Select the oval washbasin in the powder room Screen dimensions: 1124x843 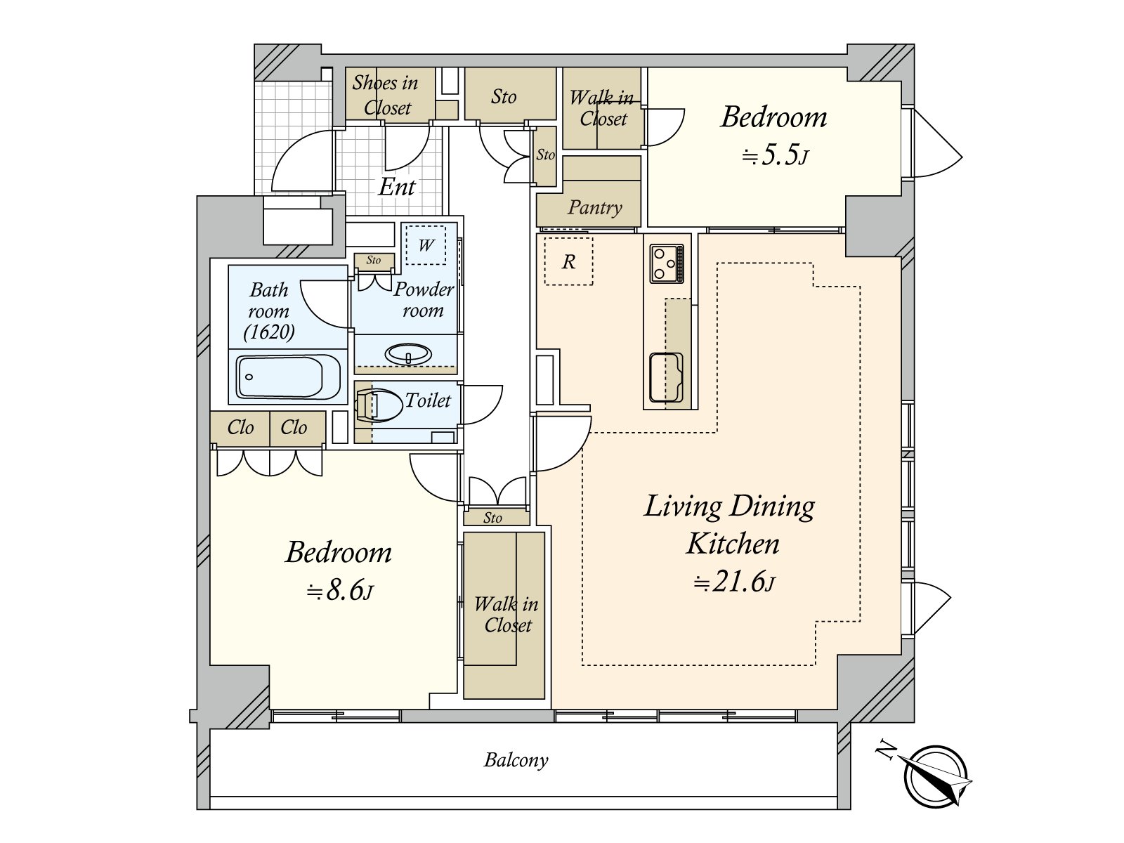click(x=408, y=354)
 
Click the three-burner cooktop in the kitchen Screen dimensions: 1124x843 click(x=667, y=263)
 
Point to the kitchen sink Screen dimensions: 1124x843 click(x=666, y=378)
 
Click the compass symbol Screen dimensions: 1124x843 click(x=936, y=776)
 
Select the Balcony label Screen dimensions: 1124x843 click(x=516, y=760)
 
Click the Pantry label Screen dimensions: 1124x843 click(x=594, y=207)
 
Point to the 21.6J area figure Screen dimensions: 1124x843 click(x=735, y=582)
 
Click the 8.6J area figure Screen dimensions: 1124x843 click(x=339, y=592)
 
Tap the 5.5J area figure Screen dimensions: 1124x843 click(x=775, y=155)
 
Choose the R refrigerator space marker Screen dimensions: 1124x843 click(x=568, y=262)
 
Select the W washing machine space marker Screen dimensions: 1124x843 click(x=426, y=246)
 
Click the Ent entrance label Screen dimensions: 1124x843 click(x=397, y=187)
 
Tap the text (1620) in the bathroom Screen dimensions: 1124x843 click(x=269, y=332)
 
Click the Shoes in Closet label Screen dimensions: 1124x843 click(x=386, y=96)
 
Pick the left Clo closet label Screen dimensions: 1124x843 click(x=240, y=427)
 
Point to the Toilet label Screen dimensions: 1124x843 click(x=428, y=400)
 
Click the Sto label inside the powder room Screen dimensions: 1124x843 click(x=374, y=260)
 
